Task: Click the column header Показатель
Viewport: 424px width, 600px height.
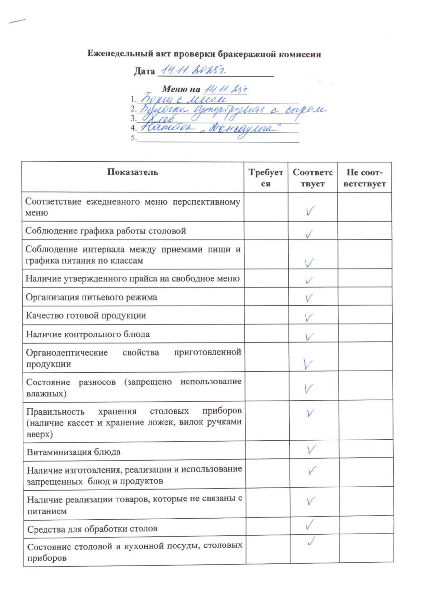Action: [133, 172]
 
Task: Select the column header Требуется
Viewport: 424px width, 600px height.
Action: [266, 178]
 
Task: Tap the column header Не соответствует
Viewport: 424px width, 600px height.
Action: [365, 178]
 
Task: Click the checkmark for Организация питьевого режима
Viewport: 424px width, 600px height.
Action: [309, 298]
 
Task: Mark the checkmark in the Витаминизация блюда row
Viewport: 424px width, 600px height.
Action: [311, 450]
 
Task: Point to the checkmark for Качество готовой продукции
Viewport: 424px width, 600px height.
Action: [308, 317]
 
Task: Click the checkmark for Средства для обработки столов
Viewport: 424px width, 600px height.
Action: [310, 524]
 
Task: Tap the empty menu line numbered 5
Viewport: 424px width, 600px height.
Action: [217, 138]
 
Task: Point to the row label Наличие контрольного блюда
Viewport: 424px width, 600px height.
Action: [88, 334]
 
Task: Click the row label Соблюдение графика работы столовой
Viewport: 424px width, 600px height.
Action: [106, 231]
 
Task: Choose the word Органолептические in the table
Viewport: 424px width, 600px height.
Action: [67, 352]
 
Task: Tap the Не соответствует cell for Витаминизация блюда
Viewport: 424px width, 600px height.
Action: [366, 449]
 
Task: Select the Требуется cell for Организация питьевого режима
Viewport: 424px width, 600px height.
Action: [266, 297]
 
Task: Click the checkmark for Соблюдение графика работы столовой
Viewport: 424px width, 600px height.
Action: [309, 234]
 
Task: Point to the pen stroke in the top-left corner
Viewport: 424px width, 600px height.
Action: [17, 21]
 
